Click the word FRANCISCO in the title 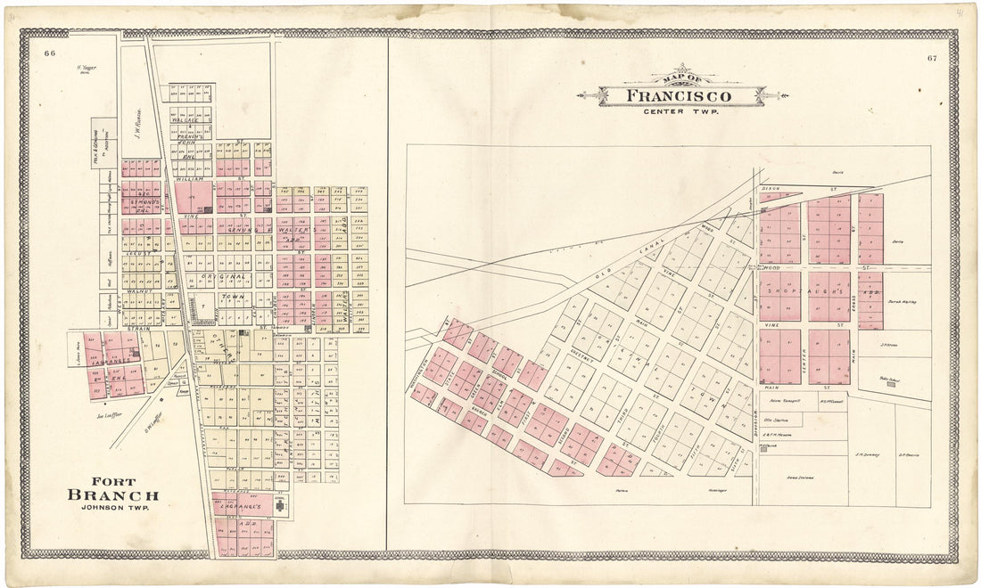tap(679, 95)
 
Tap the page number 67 tap(931, 59)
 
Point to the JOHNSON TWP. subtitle tap(113, 509)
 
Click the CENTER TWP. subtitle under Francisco tap(680, 111)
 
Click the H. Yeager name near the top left tap(86, 69)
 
